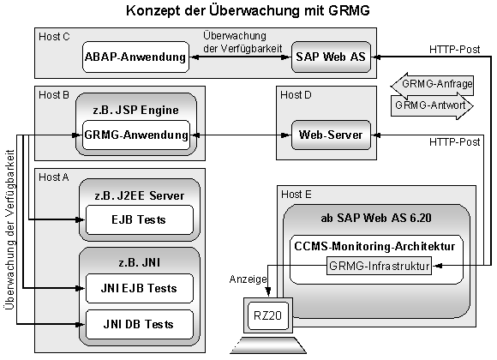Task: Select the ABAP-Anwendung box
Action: click(135, 57)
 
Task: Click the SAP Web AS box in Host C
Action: click(329, 57)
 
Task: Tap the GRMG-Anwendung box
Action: click(135, 135)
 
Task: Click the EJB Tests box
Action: click(135, 220)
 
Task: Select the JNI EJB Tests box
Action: click(135, 287)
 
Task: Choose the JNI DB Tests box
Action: click(135, 324)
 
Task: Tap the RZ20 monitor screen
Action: click(266, 314)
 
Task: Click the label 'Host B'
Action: click(54, 94)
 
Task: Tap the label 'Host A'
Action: click(54, 176)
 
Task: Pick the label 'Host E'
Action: click(296, 195)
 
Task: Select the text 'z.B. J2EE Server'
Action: click(138, 195)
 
